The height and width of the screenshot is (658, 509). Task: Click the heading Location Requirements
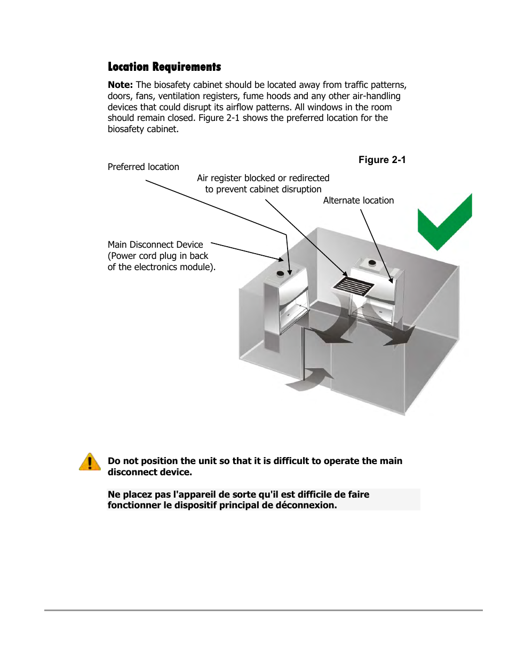pos(164,67)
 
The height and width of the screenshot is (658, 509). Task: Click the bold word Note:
pos(120,85)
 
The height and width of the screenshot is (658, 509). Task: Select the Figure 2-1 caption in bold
pos(382,160)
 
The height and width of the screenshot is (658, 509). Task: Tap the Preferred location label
pos(144,167)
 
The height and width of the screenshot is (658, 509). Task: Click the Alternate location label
pos(359,200)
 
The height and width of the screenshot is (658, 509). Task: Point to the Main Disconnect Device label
pos(155,245)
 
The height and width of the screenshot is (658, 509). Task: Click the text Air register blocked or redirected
pos(263,178)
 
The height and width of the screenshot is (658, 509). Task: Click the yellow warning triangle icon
pos(90,462)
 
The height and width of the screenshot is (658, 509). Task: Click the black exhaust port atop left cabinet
pos(280,274)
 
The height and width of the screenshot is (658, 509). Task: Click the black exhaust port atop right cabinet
pos(372,263)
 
